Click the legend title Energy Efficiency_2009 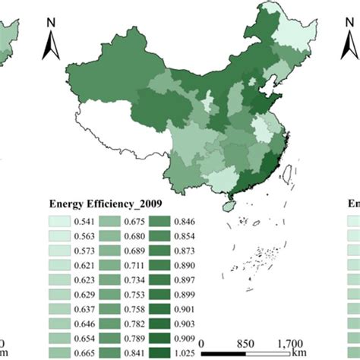click(106, 204)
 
